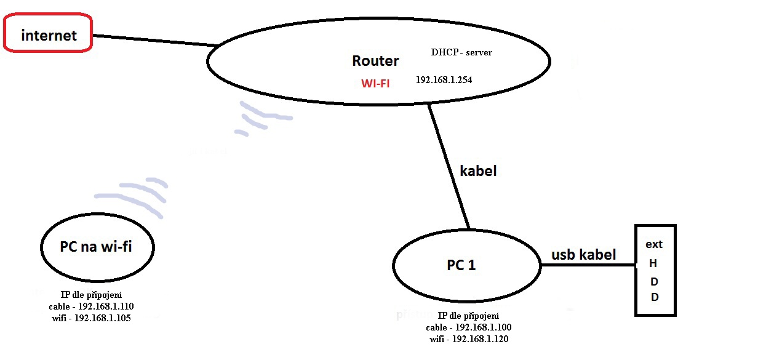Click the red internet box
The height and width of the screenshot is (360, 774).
pyautogui.click(x=49, y=34)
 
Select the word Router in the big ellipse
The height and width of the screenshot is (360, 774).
pyautogui.click(x=375, y=61)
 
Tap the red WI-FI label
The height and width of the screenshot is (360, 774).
pyautogui.click(x=375, y=82)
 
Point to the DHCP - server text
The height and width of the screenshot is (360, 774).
pyautogui.click(x=461, y=52)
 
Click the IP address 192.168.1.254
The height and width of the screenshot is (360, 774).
pyautogui.click(x=444, y=80)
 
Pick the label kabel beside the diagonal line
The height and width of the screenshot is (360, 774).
pyautogui.click(x=478, y=171)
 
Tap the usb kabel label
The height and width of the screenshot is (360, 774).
pyautogui.click(x=583, y=255)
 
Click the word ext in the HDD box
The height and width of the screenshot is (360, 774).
pyautogui.click(x=654, y=244)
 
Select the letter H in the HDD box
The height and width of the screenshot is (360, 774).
pyautogui.click(x=653, y=263)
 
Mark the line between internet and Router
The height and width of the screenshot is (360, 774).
pyautogui.click(x=154, y=40)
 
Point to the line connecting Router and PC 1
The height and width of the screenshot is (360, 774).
pyautogui.click(x=449, y=166)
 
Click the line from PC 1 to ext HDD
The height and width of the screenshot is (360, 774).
pyautogui.click(x=588, y=265)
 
